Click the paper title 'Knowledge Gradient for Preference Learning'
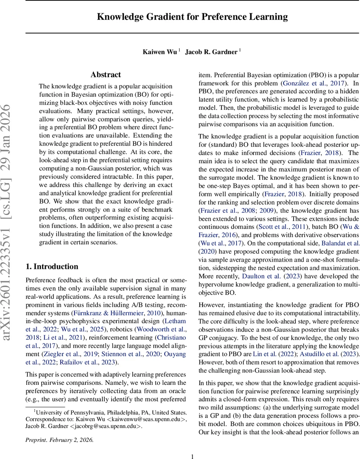click(x=192, y=17)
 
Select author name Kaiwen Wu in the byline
click(x=160, y=52)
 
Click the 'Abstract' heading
click(x=106, y=75)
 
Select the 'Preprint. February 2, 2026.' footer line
click(x=59, y=429)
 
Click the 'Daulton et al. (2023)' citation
click(x=267, y=277)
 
